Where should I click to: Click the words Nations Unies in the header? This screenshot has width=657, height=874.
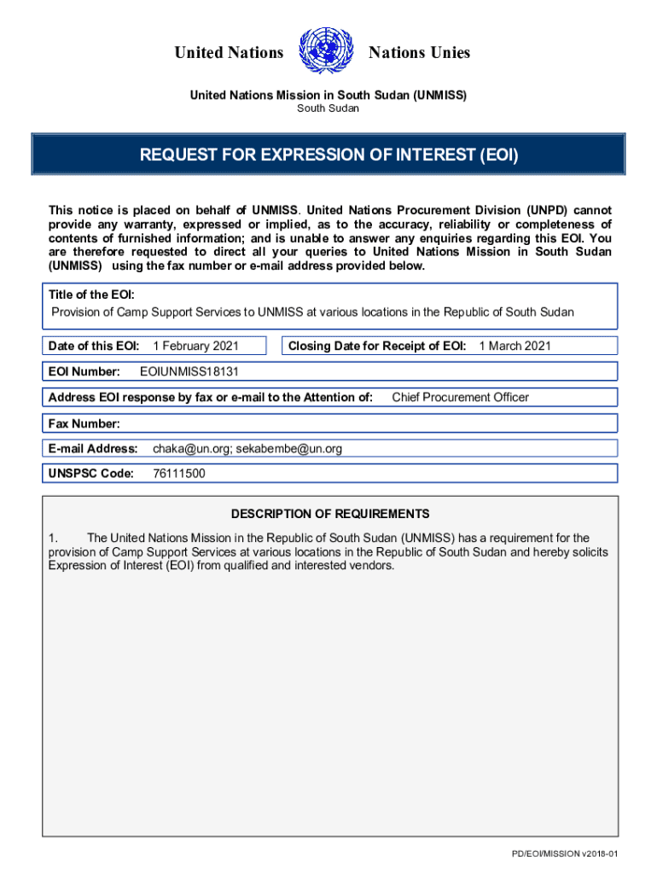point(419,53)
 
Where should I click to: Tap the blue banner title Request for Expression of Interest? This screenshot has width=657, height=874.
point(328,155)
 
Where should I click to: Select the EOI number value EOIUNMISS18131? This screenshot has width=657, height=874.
point(195,371)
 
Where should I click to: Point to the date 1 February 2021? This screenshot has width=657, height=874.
point(195,346)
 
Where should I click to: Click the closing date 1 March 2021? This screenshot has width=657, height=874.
point(515,346)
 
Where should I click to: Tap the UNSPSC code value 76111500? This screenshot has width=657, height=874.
point(178,474)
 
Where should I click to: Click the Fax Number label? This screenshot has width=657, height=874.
point(84,423)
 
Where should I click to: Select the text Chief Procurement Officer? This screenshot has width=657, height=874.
point(460,397)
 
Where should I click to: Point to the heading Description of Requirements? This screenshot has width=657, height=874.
point(330,514)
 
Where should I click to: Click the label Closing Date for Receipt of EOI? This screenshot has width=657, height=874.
point(377,346)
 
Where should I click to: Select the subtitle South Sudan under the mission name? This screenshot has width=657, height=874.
point(328,108)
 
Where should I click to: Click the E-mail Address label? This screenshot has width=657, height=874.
point(93,448)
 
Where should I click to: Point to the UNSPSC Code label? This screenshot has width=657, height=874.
point(91,474)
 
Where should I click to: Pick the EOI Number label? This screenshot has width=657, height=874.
point(84,371)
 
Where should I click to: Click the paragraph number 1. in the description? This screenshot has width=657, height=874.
point(52,538)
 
